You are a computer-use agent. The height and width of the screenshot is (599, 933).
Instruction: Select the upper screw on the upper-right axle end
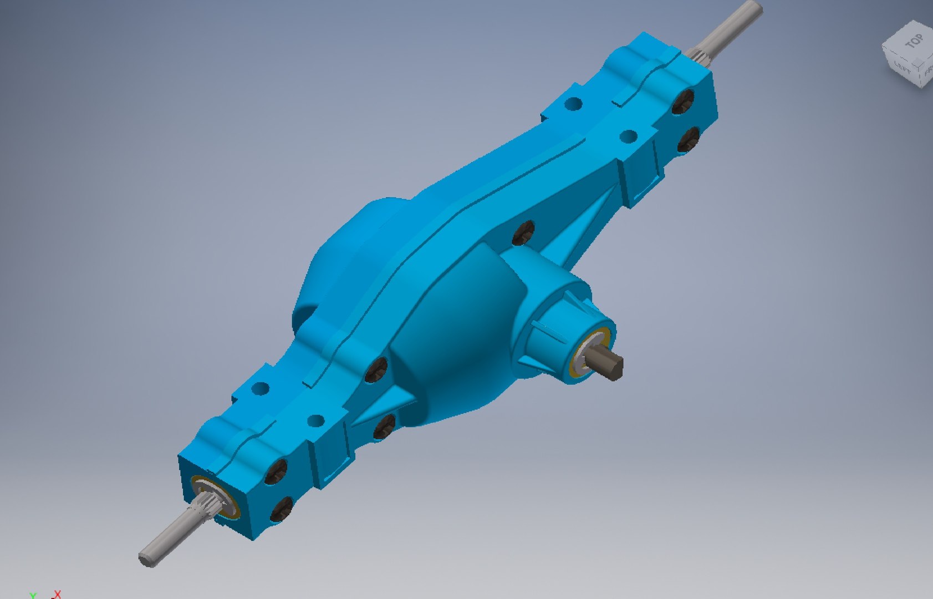tap(683, 102)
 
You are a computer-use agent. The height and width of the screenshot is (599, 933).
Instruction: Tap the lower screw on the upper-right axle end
tap(688, 139)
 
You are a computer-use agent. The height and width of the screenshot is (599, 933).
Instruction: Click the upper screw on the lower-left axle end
tap(277, 471)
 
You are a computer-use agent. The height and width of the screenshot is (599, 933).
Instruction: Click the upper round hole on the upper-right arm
tap(574, 104)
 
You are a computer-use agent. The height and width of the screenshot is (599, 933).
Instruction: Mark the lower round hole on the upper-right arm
tap(628, 136)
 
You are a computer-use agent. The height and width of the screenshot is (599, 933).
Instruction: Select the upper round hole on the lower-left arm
tap(260, 388)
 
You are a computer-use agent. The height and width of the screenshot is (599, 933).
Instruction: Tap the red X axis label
tap(57, 595)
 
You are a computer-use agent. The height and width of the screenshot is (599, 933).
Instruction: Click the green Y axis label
tap(33, 596)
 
